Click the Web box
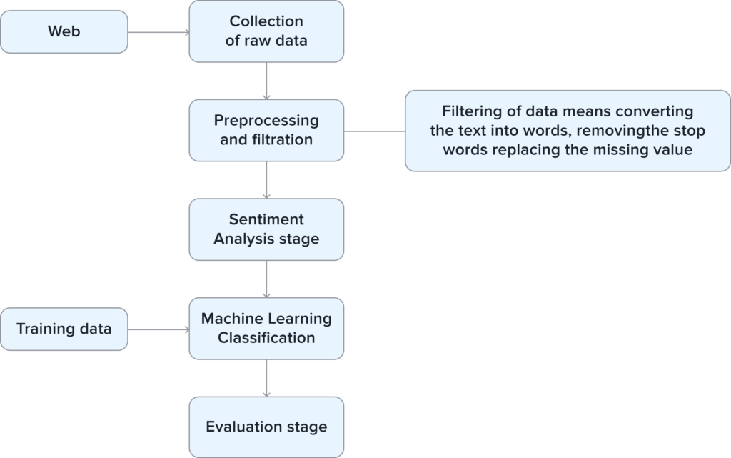point(64,31)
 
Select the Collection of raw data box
point(266,31)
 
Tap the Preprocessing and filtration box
point(266,130)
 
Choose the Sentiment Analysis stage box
point(266,229)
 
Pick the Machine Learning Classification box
point(266,328)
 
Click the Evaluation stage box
point(266,427)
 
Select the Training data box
point(64,329)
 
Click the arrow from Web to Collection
point(158,31)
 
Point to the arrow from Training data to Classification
point(158,329)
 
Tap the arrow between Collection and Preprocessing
point(266,81)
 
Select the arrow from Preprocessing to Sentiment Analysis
point(266,180)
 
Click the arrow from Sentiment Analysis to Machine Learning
point(266,279)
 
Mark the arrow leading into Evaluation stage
point(266,378)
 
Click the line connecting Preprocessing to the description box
point(374,131)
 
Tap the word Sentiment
point(266,219)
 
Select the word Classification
point(266,338)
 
